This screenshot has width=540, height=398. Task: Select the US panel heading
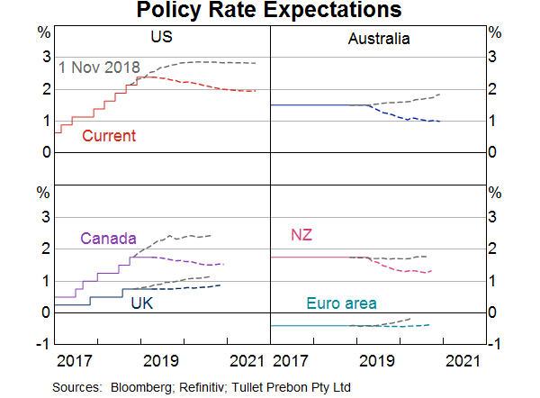tap(162, 38)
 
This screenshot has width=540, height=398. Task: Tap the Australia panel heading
tap(378, 39)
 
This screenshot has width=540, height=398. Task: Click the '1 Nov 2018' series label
tap(99, 68)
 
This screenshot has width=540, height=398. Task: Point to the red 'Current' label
tap(108, 136)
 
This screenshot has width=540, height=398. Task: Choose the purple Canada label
tap(108, 239)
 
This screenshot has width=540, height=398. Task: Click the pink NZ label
tap(301, 236)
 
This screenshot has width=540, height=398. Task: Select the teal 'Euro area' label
tap(341, 303)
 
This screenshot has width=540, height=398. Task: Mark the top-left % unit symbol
tap(43, 32)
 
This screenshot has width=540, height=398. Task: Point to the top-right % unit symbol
tap(493, 32)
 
